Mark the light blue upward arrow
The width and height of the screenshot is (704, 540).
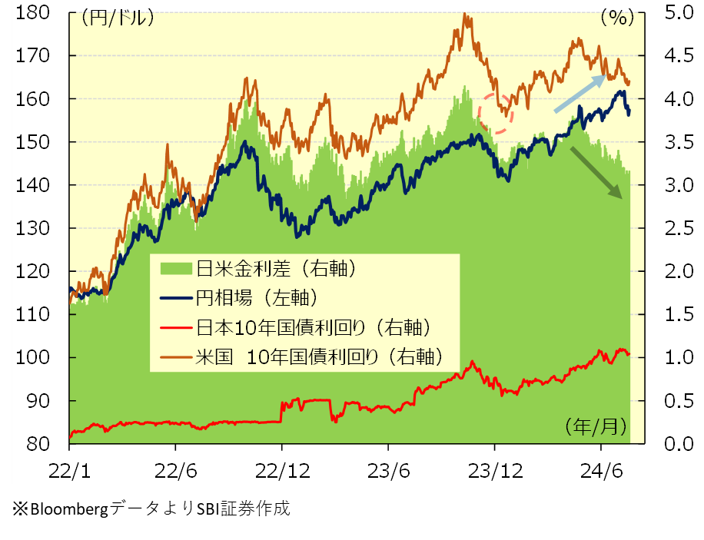pyautogui.click(x=581, y=93)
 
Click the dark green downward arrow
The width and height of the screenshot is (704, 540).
pyautogui.click(x=596, y=173)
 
